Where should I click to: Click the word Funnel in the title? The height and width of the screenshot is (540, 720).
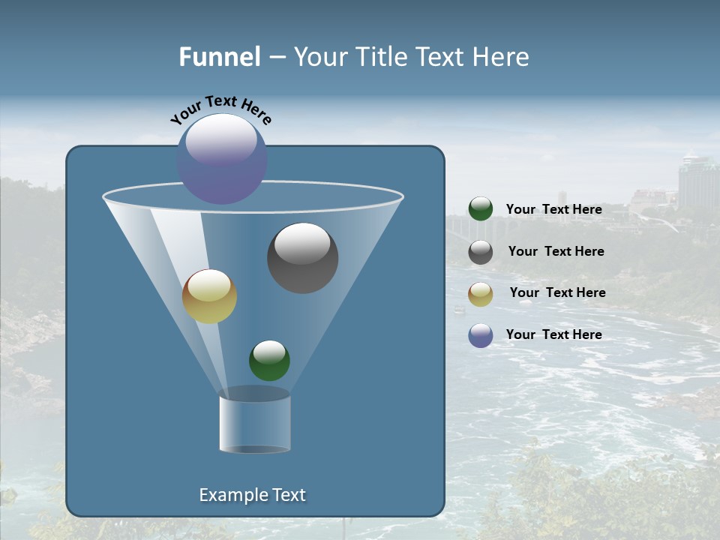[219, 57]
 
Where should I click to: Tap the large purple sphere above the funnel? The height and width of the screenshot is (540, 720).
[222, 158]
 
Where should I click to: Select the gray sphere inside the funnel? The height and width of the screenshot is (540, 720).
[302, 257]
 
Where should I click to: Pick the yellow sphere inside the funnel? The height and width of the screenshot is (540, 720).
[209, 296]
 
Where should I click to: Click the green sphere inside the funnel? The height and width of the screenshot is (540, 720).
[269, 360]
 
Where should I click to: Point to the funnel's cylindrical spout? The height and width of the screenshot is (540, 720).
[254, 421]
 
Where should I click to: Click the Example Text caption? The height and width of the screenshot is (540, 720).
[252, 495]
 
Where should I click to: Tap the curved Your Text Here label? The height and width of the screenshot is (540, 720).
[220, 109]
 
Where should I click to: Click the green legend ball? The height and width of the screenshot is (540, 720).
[481, 209]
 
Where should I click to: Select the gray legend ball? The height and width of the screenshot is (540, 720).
[481, 252]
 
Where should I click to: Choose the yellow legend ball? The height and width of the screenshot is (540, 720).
[481, 294]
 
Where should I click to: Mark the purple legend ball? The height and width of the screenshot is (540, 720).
[481, 335]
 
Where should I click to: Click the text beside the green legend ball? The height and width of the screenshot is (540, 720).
[553, 209]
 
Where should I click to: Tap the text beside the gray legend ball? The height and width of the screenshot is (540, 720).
[556, 251]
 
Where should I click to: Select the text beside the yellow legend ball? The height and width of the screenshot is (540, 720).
[557, 292]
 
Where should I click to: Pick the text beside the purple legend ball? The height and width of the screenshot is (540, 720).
[553, 334]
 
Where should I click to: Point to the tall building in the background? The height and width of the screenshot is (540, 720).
[697, 184]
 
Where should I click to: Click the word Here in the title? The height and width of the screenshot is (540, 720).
[502, 57]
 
